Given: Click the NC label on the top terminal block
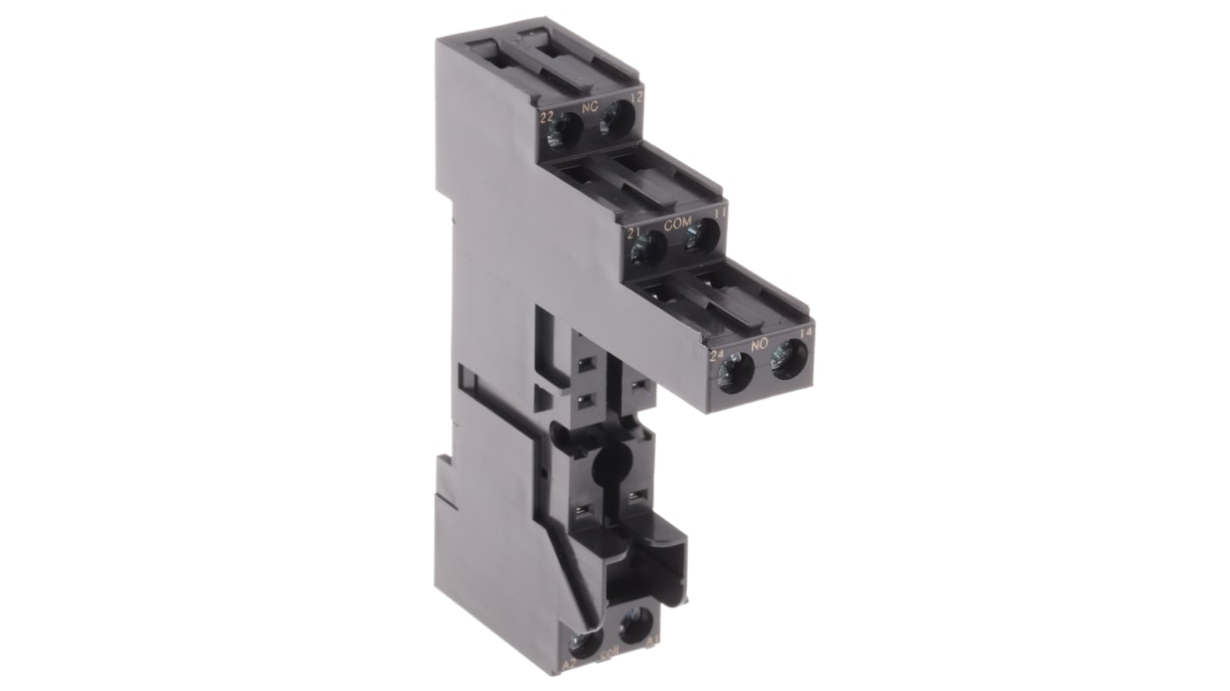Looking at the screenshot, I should (591, 108).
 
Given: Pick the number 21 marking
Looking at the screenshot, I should (634, 232).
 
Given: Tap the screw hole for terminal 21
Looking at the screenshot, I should (648, 250).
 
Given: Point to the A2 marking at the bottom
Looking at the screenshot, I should (569, 664).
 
